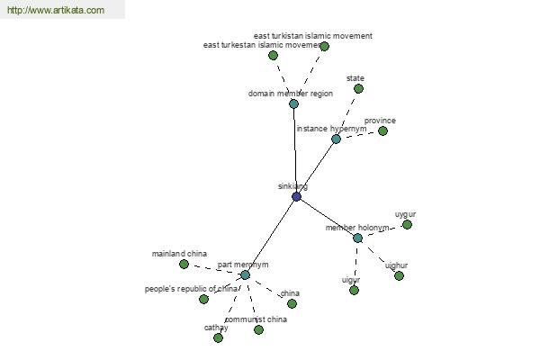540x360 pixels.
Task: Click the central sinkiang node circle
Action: coord(297,196)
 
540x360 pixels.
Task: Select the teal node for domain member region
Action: coord(293,103)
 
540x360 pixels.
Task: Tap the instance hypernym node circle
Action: coord(336,139)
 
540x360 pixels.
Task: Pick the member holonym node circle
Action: coord(357,238)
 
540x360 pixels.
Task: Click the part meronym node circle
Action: coord(245,274)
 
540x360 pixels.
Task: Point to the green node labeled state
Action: coord(358,88)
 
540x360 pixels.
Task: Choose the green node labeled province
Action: coord(382,130)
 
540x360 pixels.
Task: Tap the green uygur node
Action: coord(407,224)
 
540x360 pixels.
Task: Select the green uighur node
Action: coord(399,275)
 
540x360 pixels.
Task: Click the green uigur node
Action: coord(354,290)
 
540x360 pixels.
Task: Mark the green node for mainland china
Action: coord(184,264)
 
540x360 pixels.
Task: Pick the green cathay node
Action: coord(218,337)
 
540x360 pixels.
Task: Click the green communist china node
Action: coord(258,329)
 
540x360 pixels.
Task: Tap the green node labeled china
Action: coord(292,303)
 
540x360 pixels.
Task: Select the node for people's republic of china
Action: coord(203,299)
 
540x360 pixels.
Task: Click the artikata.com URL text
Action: coord(56,11)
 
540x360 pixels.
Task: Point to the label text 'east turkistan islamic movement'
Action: coord(312,36)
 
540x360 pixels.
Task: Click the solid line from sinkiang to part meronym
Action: coord(271,235)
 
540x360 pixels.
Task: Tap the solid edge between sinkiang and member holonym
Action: coord(327,217)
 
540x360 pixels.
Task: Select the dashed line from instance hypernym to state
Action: coord(347,113)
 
